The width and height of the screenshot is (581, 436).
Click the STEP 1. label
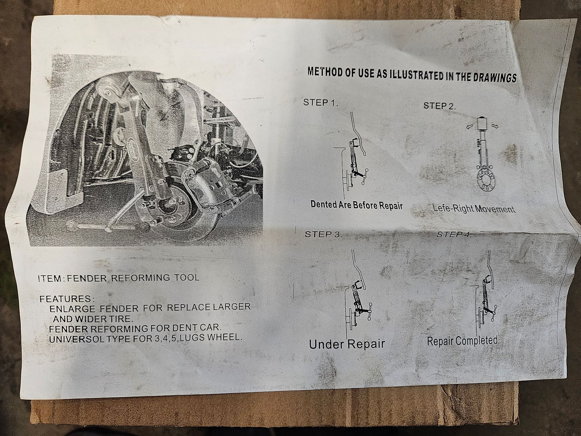click(x=321, y=102)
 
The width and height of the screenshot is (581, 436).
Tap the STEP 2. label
click(x=439, y=106)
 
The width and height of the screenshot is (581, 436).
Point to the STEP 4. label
click(x=454, y=234)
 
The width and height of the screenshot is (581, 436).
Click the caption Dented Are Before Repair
click(x=357, y=205)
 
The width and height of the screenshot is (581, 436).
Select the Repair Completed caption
click(x=462, y=341)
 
